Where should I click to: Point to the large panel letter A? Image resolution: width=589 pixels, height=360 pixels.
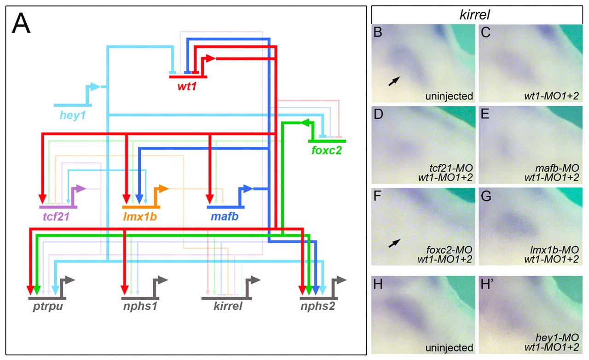21,24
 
